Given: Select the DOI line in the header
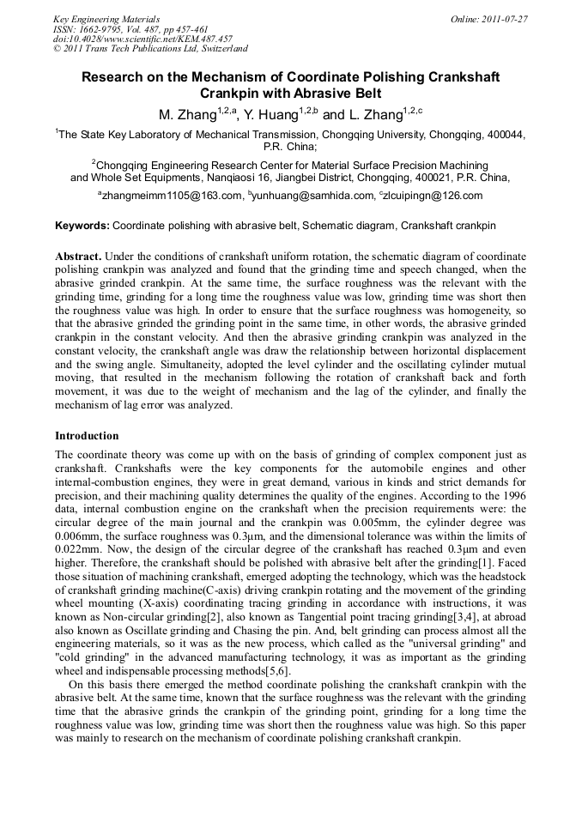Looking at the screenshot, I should (x=143, y=39).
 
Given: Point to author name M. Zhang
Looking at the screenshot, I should (x=185, y=114).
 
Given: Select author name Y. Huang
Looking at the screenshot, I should (x=266, y=114).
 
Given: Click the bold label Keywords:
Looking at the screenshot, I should (x=82, y=225).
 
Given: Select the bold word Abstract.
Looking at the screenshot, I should (x=78, y=257).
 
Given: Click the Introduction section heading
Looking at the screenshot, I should (x=87, y=436).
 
